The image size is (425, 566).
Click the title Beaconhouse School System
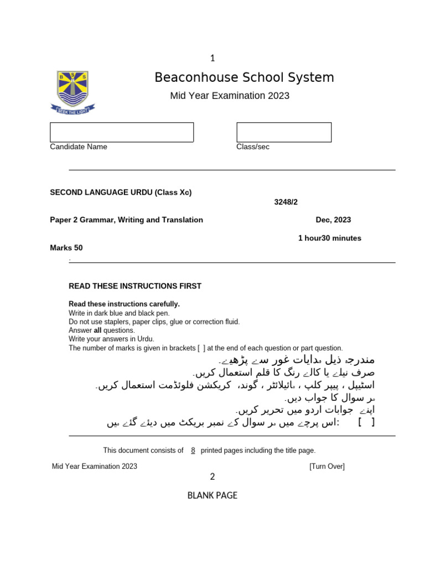point(244,77)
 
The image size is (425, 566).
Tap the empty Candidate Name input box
point(122,132)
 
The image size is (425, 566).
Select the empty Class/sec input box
point(284,132)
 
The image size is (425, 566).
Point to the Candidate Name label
point(79,147)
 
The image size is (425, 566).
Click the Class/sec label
point(253,147)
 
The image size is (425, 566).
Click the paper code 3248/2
point(286,202)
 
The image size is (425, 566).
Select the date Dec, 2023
point(333,220)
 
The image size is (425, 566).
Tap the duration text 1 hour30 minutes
point(329,238)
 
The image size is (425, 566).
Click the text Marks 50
point(66,248)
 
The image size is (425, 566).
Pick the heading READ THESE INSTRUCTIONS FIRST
point(135,286)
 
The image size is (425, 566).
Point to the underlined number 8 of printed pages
point(193,450)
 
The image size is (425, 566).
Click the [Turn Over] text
point(327,467)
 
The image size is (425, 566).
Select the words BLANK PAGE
point(212,495)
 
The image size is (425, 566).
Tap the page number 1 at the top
point(212,58)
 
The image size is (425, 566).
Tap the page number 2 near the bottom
point(212,477)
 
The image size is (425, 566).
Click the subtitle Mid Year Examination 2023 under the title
point(230,96)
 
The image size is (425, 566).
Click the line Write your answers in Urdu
point(111,339)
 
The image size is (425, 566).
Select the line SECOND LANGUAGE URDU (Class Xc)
point(121,193)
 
